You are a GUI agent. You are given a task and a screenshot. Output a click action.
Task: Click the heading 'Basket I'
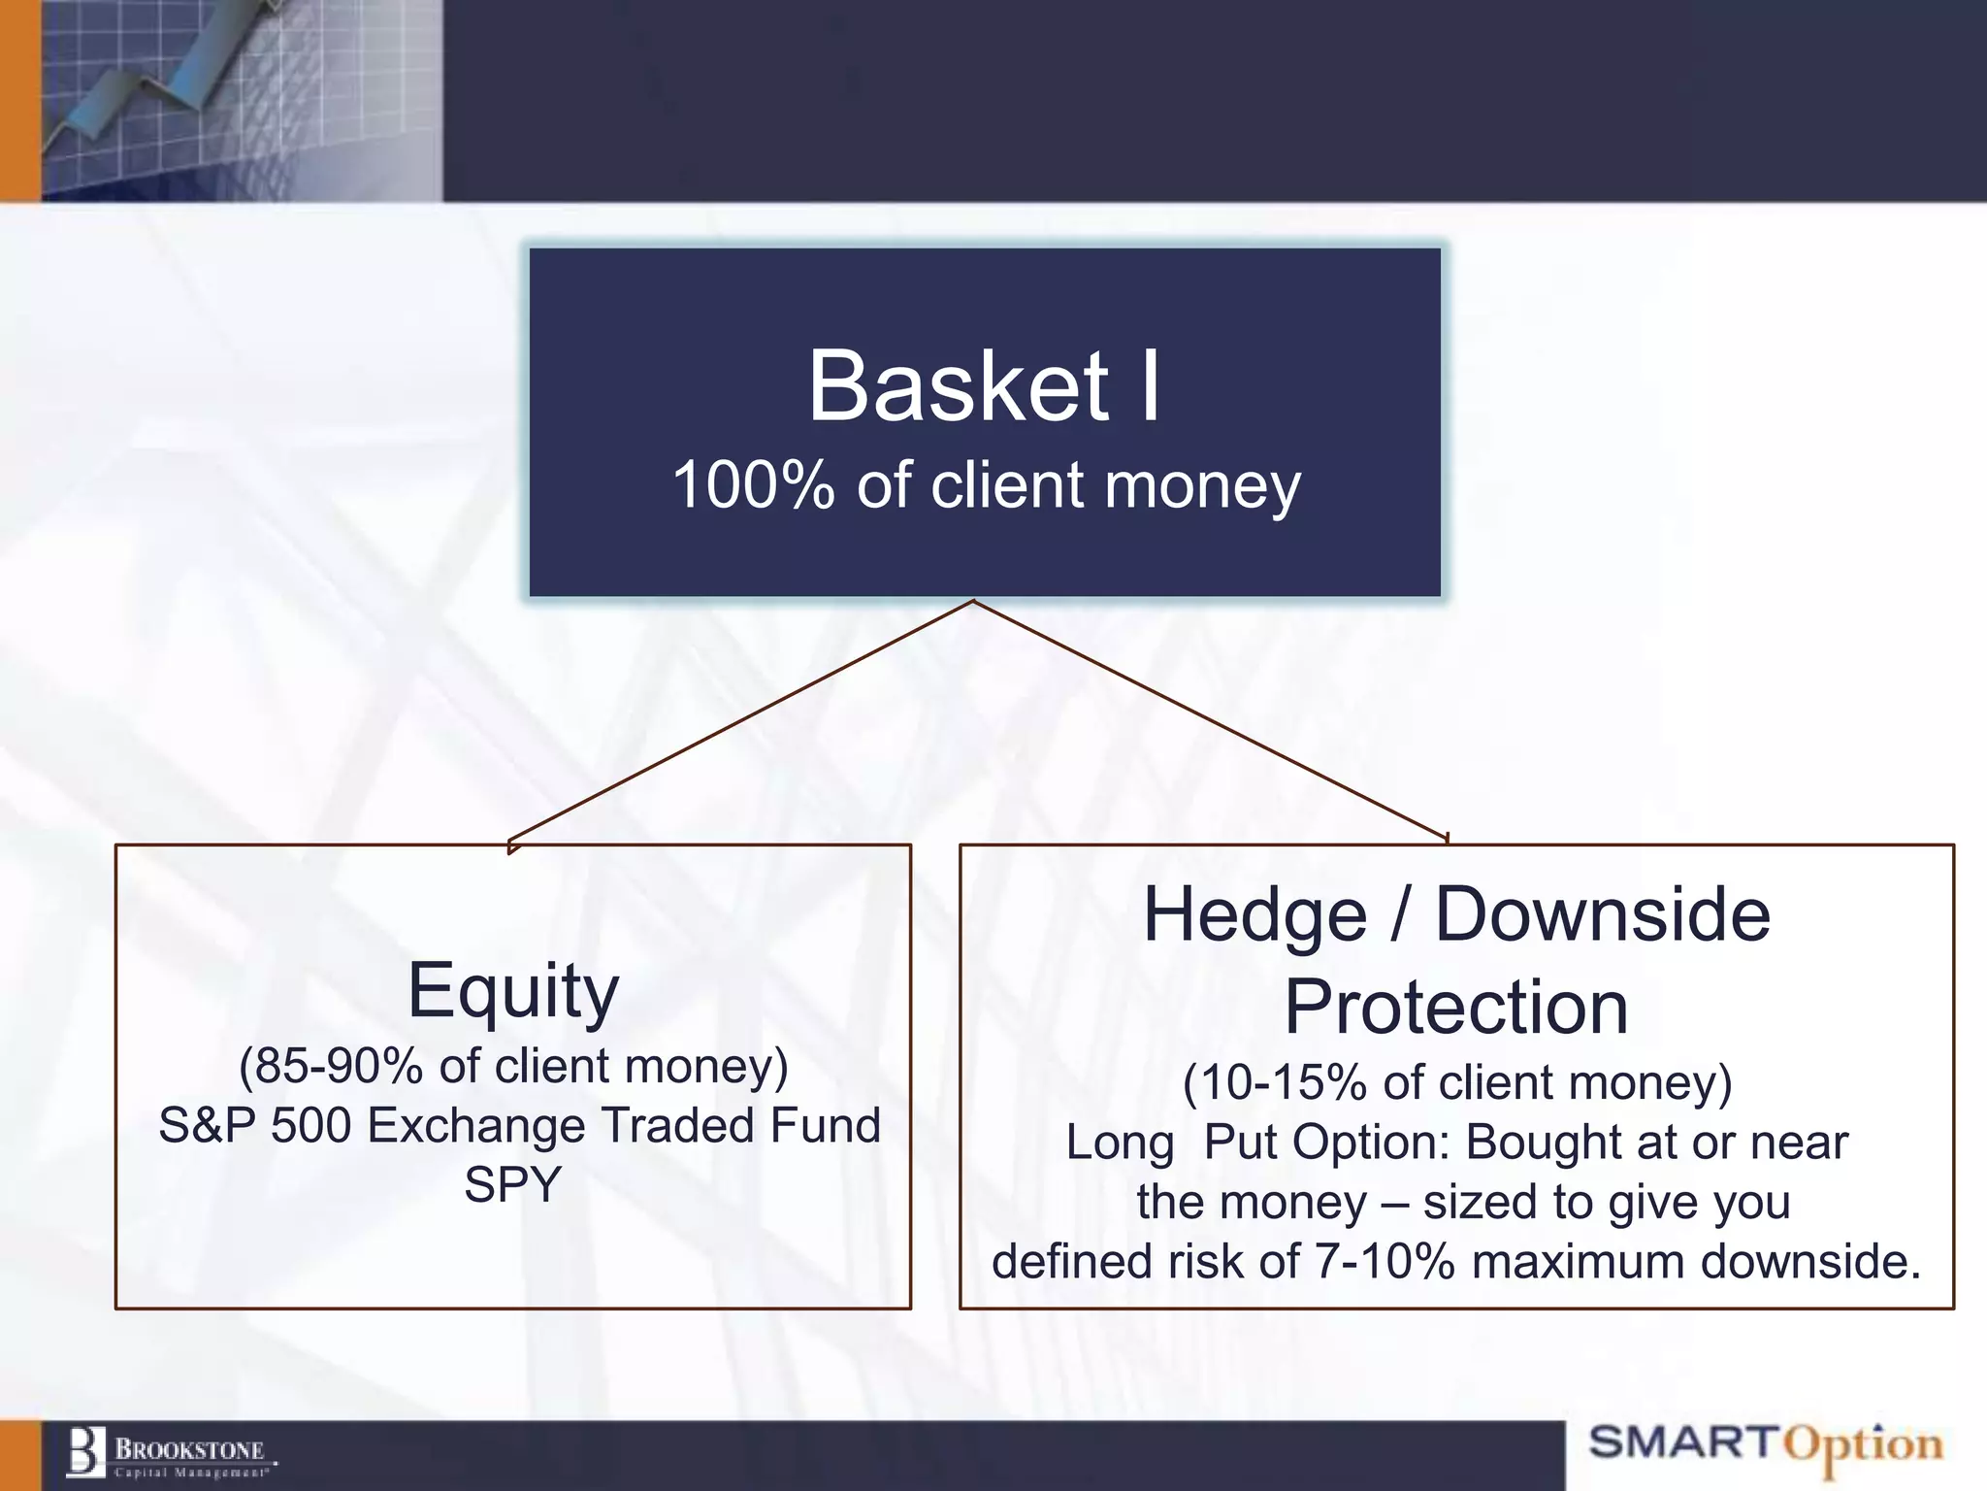984,386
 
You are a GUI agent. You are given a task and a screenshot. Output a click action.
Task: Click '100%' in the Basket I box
753,485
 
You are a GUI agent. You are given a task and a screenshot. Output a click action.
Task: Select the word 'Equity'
512,990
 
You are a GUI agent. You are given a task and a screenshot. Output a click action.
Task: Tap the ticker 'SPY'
512,1184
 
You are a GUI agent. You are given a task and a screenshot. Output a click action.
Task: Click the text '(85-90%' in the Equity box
330,1066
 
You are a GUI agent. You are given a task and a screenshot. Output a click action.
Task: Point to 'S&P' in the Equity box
207,1126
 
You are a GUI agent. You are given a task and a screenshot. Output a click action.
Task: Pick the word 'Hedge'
1254,915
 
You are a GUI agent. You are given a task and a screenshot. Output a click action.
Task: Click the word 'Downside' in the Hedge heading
1602,915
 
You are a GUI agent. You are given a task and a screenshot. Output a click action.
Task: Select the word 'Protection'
1455,1008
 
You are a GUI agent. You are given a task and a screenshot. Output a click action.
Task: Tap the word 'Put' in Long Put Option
1240,1143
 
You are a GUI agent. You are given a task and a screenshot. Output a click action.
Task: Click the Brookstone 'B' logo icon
85,1453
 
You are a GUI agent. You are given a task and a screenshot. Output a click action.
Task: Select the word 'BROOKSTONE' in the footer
189,1450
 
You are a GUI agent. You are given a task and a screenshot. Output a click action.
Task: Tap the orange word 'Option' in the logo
1863,1446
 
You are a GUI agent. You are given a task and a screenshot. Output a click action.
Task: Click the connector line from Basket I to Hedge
1213,720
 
